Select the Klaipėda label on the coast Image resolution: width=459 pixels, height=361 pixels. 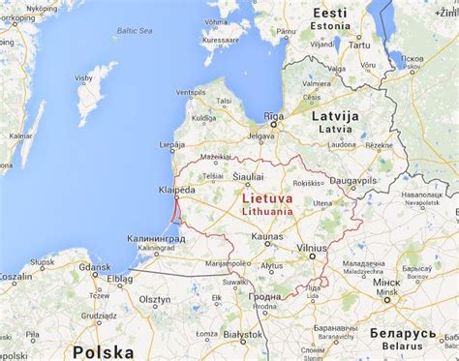[x=178, y=191]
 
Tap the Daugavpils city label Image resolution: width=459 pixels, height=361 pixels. [x=352, y=181]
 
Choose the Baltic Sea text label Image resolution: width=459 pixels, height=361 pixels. [x=134, y=31]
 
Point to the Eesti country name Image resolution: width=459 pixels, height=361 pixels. [x=329, y=13]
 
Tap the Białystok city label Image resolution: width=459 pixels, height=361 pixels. [x=241, y=334]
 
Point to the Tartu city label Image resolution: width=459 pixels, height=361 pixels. [x=359, y=45]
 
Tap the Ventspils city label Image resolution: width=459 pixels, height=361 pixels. [x=191, y=93]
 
